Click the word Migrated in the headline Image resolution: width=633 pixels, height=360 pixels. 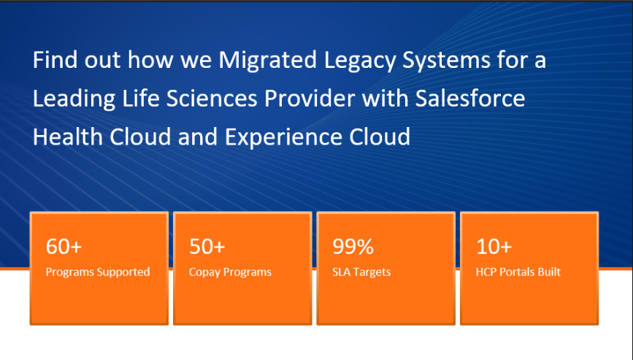coord(268,61)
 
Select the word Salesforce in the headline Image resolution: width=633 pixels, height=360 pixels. coord(470,99)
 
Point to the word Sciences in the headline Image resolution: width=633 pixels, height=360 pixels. coord(212,99)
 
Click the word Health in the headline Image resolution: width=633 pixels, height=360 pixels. coord(68,137)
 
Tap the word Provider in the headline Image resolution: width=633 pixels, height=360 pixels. coord(310,99)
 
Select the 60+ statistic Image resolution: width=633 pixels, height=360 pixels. coord(64,246)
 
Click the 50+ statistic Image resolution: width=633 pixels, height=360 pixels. coord(207,246)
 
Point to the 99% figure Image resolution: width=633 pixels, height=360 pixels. coord(353,246)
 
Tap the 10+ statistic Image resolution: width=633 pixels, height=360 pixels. coord(494,246)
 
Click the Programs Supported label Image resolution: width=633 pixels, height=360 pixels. coord(98,272)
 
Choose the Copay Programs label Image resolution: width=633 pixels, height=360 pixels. coord(230,272)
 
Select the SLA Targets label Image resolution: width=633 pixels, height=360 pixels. coord(361,272)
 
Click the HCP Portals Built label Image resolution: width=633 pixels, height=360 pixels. coord(518,272)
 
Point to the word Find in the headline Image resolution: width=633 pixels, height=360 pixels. coord(55,60)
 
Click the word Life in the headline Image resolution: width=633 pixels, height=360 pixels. coord(141,99)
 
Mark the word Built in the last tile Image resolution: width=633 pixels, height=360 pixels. coord(549,272)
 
